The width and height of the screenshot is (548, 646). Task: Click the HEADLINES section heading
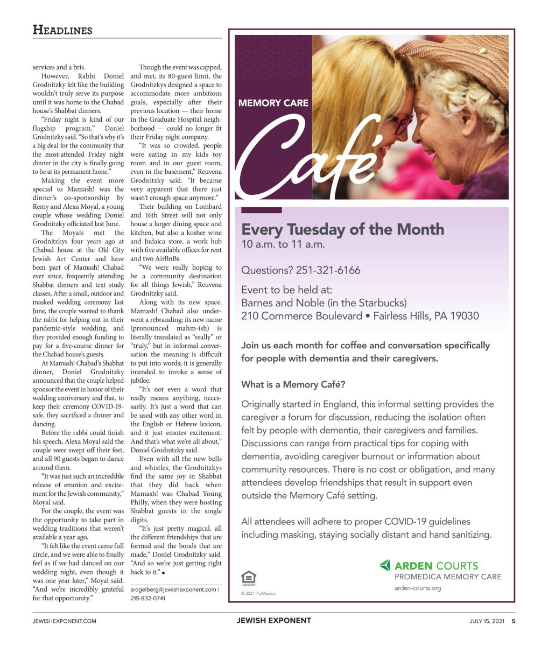[x=62, y=30]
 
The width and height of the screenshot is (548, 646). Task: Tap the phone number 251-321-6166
[x=328, y=270]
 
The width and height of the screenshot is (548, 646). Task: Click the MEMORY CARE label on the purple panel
[x=273, y=102]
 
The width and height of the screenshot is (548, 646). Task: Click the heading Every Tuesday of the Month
[x=342, y=229]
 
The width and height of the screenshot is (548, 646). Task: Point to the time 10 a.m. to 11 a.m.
[x=283, y=244]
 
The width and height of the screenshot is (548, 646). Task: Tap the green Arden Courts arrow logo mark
[x=385, y=565]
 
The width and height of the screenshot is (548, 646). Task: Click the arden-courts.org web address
[x=417, y=588]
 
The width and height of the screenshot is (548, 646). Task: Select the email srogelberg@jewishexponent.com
[x=173, y=589]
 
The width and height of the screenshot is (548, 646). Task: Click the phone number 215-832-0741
[x=148, y=598]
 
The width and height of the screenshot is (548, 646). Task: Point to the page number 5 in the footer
[x=513, y=621]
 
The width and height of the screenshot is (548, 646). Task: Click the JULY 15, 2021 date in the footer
[x=487, y=621]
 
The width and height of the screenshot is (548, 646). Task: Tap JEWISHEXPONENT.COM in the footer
[x=64, y=621]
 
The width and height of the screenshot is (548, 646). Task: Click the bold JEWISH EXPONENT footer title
[x=273, y=620]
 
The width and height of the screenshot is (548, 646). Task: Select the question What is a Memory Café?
[x=293, y=384]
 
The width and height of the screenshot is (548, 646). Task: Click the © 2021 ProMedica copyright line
[x=258, y=593]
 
